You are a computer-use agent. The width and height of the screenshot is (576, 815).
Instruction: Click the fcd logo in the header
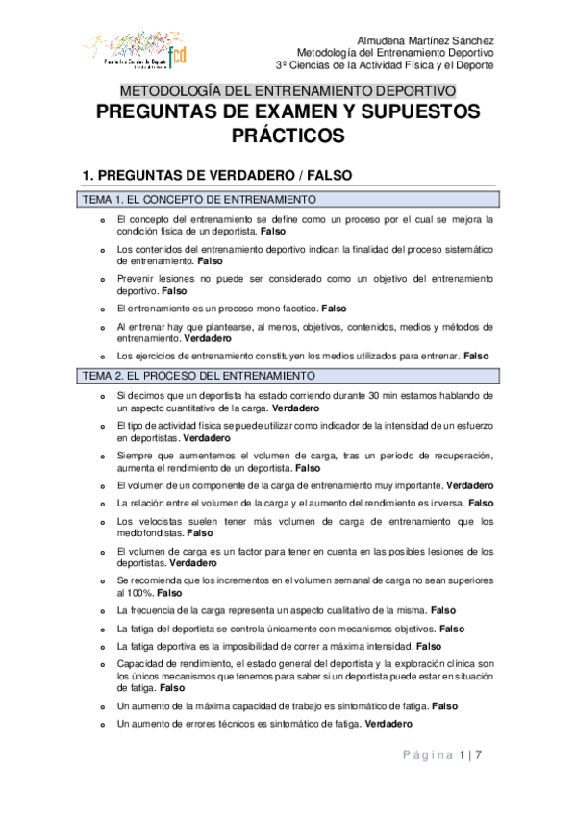(177, 54)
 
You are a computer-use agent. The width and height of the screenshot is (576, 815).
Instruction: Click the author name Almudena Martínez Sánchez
(425, 40)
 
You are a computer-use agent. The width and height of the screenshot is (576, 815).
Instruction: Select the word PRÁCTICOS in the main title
(288, 136)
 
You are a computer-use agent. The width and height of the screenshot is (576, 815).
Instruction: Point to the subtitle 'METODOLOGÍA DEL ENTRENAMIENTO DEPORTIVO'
(288, 91)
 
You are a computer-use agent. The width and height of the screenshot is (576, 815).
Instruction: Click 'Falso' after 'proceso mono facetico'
(334, 309)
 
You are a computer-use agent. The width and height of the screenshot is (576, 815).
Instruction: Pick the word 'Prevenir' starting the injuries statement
(135, 277)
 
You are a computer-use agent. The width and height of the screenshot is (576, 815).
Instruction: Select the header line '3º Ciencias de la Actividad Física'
(385, 66)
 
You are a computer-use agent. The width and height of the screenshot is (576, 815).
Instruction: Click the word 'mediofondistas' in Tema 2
(149, 532)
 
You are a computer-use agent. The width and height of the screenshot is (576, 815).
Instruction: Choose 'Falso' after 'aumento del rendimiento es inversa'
(481, 503)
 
